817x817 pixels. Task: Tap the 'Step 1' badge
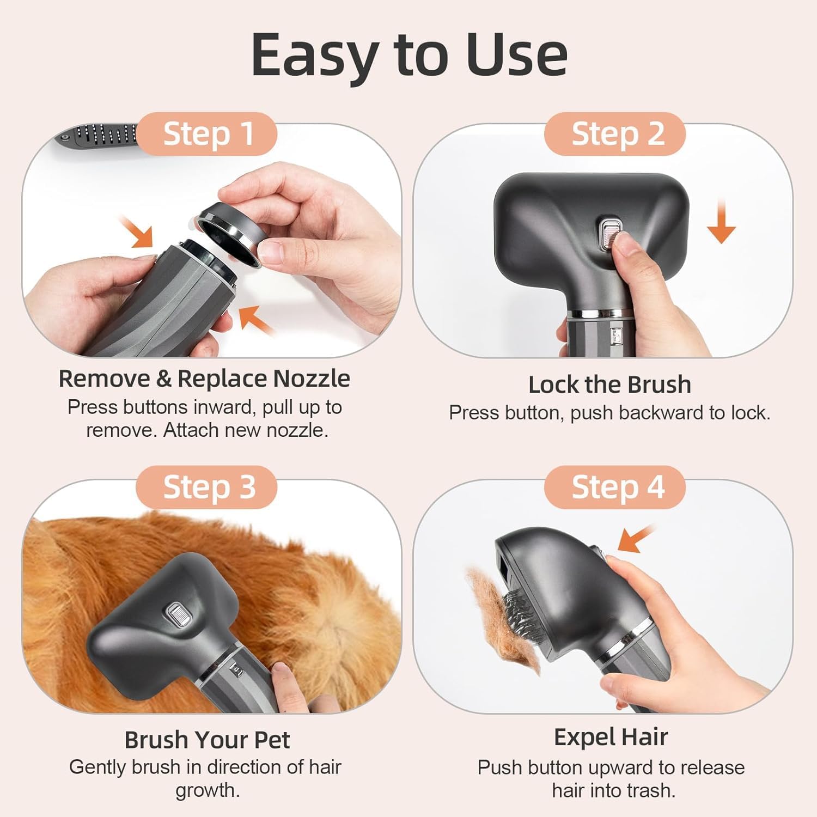208,134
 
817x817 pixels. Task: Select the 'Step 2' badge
617,134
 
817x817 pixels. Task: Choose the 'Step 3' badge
208,487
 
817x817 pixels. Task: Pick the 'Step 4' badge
617,487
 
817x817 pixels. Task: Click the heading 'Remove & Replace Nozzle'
204,379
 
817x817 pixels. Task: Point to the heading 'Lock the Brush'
609,385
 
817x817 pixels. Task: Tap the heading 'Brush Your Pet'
207,740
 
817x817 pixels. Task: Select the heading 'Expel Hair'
611,737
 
